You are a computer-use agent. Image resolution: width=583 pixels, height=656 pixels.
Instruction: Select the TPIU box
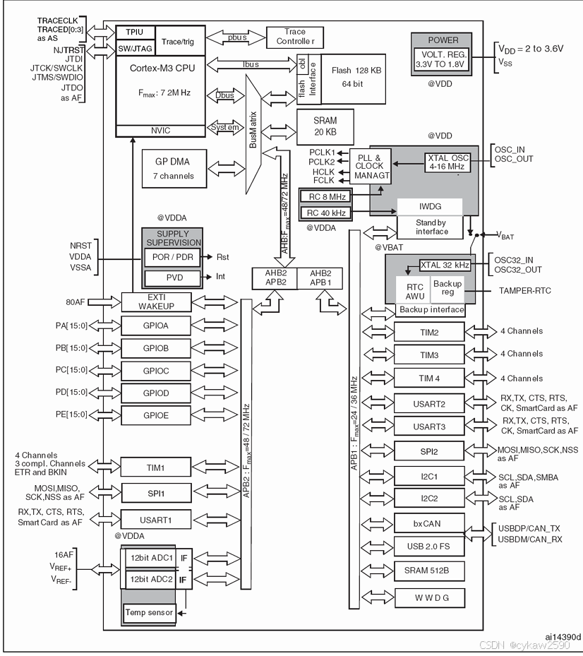[x=134, y=32]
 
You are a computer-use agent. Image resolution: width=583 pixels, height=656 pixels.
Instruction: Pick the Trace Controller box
[x=295, y=37]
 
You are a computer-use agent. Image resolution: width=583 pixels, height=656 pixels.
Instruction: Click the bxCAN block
[x=429, y=523]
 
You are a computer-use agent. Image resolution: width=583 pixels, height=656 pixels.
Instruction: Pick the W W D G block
[x=429, y=598]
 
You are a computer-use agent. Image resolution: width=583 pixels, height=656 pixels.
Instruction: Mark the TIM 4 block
[x=429, y=378]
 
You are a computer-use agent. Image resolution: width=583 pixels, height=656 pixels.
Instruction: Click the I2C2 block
[x=429, y=499]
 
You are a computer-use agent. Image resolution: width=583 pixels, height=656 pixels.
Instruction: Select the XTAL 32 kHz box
[x=445, y=265]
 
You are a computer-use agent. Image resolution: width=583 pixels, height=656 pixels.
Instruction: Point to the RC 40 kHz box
[x=325, y=213]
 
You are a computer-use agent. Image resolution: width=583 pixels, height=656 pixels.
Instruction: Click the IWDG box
[x=429, y=206]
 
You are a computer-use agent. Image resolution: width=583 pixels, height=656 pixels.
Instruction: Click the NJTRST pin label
[x=68, y=51]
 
